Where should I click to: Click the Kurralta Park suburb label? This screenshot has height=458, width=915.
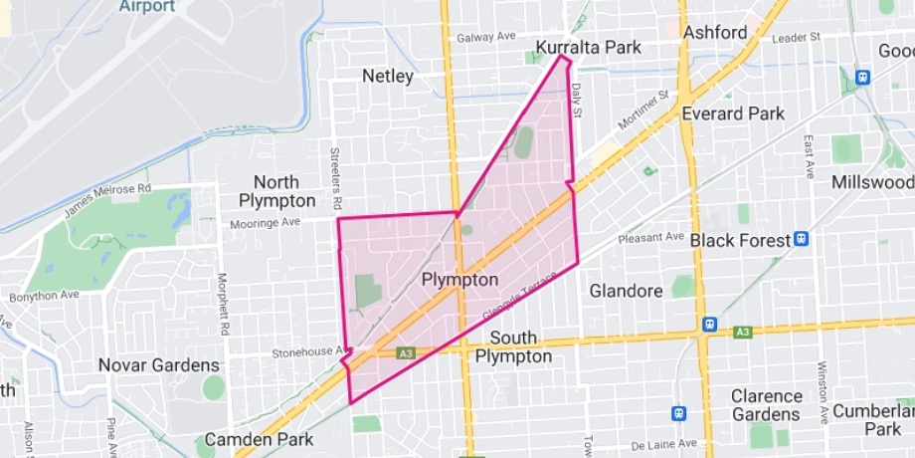point(589,48)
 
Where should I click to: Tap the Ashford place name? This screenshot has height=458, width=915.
point(715,32)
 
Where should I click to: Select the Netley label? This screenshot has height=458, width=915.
point(388,76)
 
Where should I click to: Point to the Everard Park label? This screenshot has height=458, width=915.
point(733,114)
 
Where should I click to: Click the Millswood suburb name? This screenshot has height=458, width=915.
point(872,183)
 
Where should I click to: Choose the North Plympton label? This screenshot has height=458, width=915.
point(275,191)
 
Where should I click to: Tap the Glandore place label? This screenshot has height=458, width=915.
point(626,291)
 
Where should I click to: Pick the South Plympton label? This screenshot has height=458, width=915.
point(513,347)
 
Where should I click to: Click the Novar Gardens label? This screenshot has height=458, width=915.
point(158,365)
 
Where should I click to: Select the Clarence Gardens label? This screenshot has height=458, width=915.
point(767,405)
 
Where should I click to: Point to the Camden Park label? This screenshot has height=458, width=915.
point(259,439)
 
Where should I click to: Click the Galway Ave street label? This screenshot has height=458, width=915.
point(486,37)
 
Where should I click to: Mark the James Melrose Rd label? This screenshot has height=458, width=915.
point(107,200)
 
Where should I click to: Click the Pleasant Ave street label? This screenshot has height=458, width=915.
point(651,238)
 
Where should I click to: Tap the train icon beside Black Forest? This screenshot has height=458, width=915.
point(802,239)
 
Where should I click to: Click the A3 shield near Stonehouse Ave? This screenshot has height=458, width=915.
point(405,352)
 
